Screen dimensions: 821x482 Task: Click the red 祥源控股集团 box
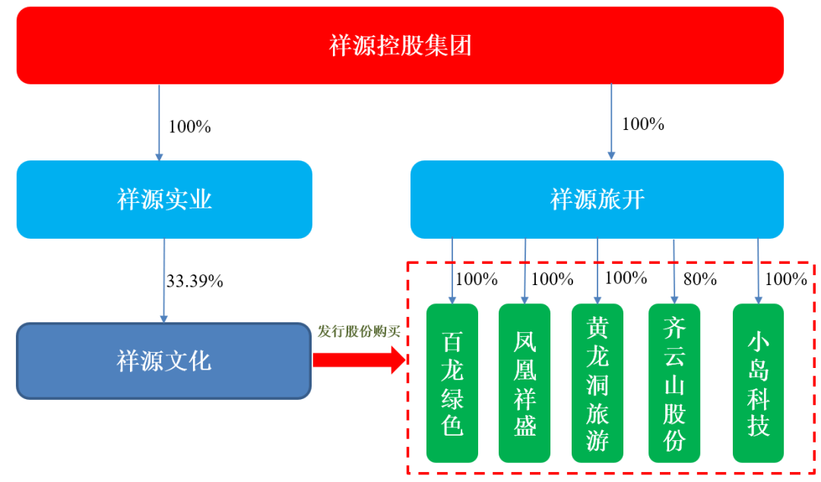click(x=400, y=46)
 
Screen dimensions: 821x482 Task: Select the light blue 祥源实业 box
click(x=164, y=200)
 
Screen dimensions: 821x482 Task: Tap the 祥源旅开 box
click(x=597, y=200)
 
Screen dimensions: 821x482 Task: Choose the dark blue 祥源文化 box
click(x=164, y=361)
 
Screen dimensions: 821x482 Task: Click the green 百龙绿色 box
click(x=452, y=383)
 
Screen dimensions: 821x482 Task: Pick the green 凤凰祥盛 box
click(x=525, y=383)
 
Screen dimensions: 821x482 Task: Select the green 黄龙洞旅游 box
click(x=598, y=383)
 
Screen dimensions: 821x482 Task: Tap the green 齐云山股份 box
click(x=674, y=383)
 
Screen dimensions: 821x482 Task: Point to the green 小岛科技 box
click(x=758, y=383)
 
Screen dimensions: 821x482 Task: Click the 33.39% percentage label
click(x=195, y=281)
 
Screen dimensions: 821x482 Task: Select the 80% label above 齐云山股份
click(x=700, y=279)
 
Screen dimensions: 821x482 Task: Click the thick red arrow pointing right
click(x=360, y=360)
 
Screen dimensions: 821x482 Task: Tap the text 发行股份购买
click(x=359, y=331)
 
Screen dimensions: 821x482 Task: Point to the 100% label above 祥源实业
click(x=189, y=127)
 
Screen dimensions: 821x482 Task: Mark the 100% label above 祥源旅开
click(x=643, y=124)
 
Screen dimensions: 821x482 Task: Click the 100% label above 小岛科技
click(x=786, y=279)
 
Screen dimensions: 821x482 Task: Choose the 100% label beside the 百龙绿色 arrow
click(x=477, y=279)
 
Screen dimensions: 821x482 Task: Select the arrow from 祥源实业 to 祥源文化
click(x=164, y=281)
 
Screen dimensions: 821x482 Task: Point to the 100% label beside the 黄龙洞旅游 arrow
click(x=626, y=277)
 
